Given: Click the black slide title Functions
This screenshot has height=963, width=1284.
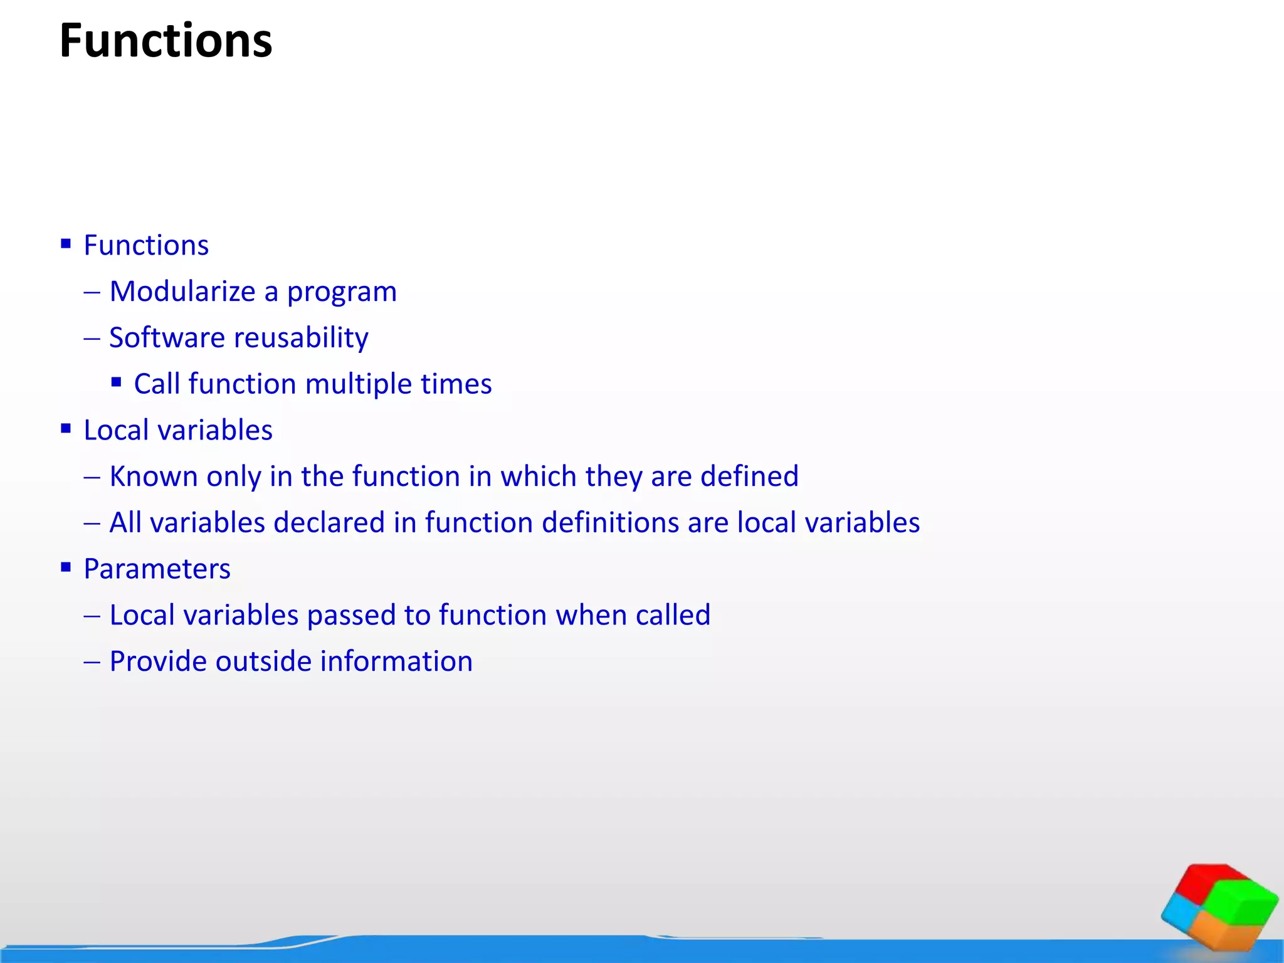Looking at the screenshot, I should point(166,41).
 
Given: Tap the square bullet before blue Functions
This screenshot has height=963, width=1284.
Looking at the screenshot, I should point(66,243).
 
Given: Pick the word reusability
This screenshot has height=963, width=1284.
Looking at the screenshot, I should point(302,338).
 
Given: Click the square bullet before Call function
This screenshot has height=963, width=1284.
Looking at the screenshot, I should point(116,382).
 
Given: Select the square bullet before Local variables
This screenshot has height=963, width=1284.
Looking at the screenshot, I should point(66,428).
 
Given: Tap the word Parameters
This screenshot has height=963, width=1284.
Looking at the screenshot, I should point(157,569).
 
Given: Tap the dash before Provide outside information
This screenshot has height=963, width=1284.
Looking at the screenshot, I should point(92,662).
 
